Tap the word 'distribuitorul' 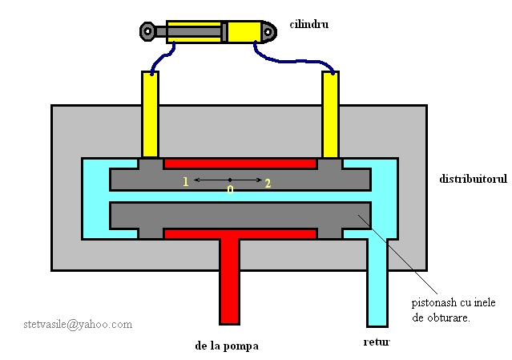[x=473, y=178]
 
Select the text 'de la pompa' [x=227, y=347]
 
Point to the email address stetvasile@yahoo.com [x=78, y=325]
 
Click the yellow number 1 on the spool [x=185, y=182]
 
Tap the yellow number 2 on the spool [x=268, y=183]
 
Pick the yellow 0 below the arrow [x=230, y=190]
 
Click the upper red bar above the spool [x=240, y=164]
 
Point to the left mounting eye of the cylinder [x=148, y=32]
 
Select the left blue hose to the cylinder [x=164, y=59]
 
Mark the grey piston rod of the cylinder [x=192, y=32]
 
